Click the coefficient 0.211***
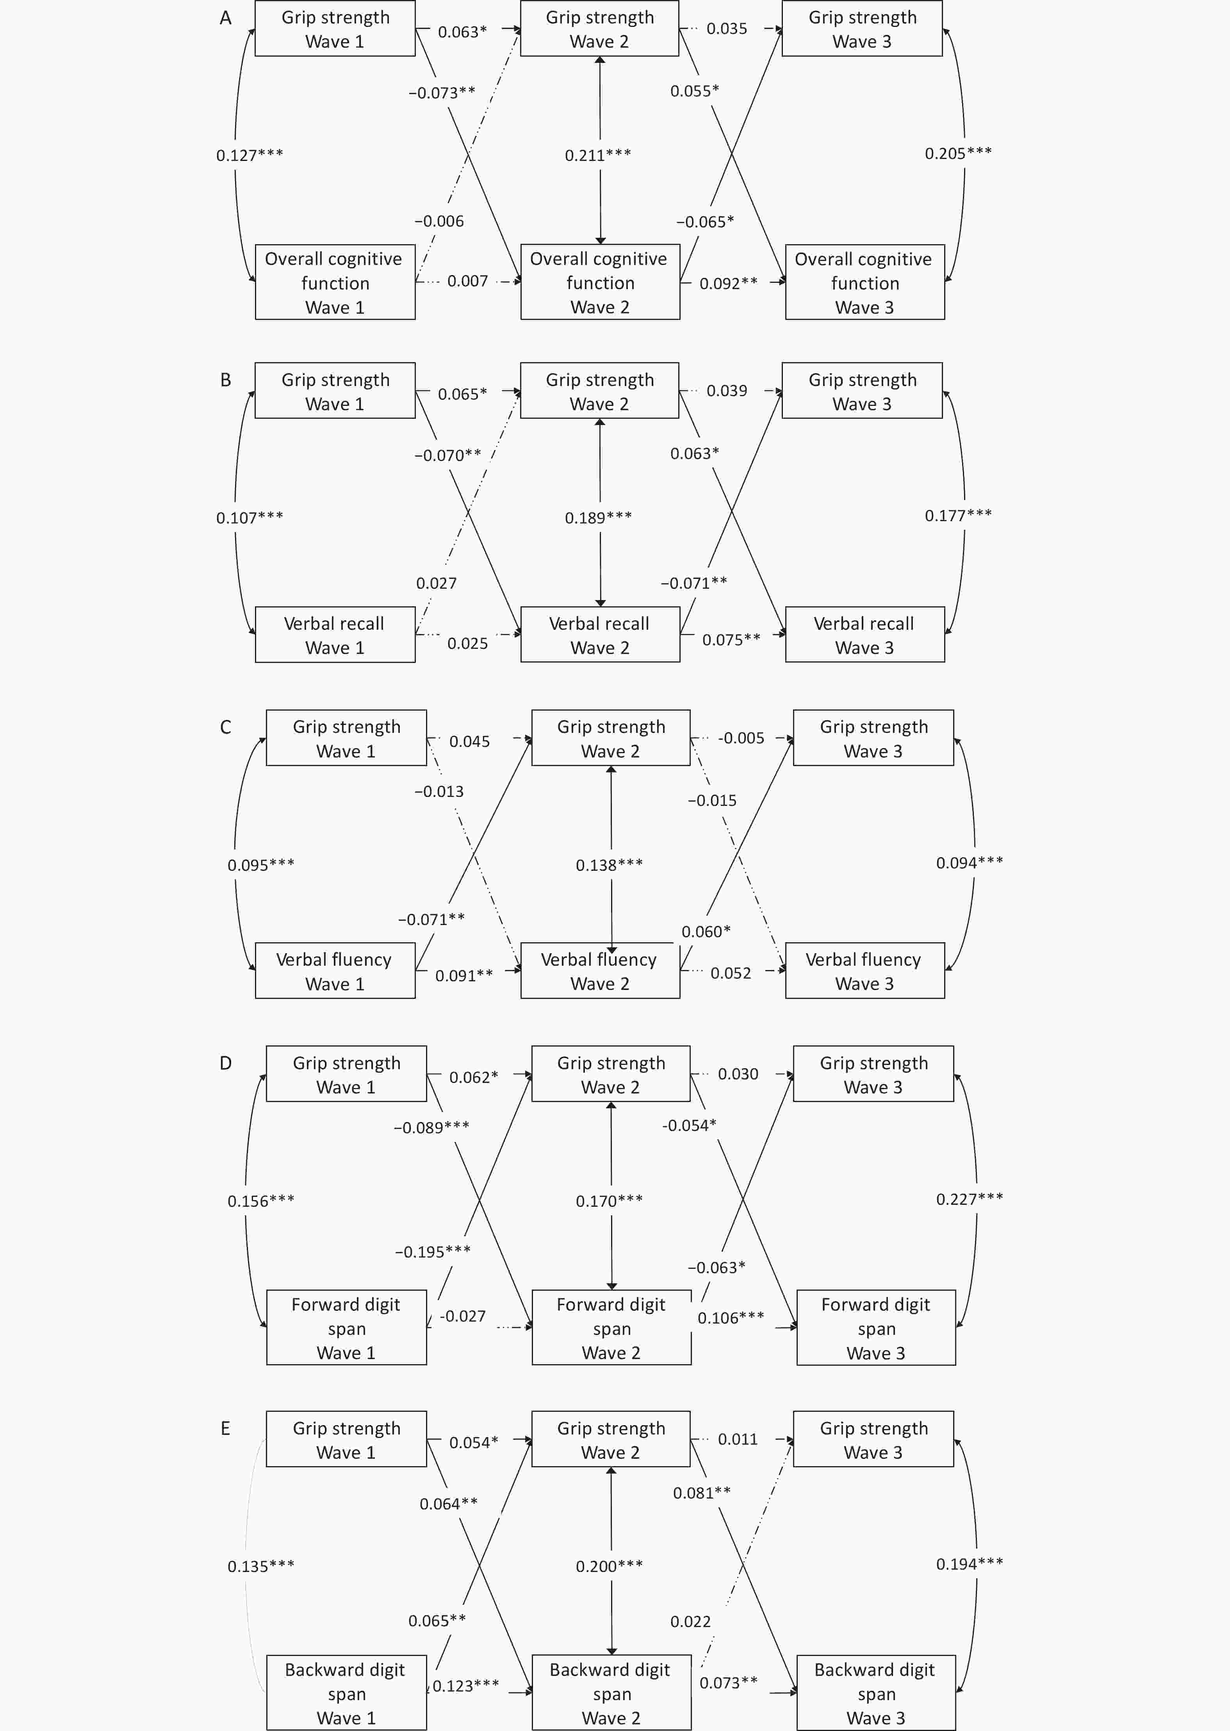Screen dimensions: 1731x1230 (x=597, y=155)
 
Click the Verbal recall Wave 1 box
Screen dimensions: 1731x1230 (x=335, y=635)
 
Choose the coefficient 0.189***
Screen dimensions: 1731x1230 (x=597, y=517)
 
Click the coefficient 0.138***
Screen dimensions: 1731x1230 (x=609, y=865)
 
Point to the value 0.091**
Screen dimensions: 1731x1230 (x=463, y=976)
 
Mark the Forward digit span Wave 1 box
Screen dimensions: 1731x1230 (x=346, y=1328)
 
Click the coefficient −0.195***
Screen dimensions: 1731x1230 (x=433, y=1252)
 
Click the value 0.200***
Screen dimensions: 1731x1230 (x=609, y=1566)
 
